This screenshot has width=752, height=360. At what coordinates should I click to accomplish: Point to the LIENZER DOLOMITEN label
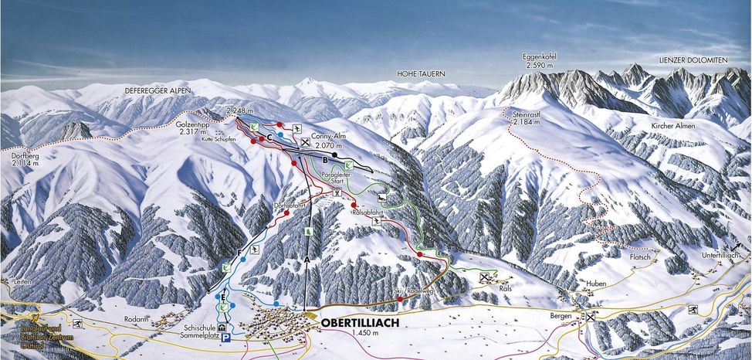point(693,59)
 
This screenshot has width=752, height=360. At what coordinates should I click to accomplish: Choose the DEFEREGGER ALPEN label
point(157,91)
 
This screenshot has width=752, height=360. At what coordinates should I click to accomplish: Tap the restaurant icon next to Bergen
point(591,317)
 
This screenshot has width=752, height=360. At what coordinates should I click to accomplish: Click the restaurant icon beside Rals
point(485,277)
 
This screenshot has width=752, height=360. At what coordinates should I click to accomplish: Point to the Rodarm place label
point(135,318)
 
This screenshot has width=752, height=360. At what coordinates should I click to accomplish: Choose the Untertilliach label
point(722,255)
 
